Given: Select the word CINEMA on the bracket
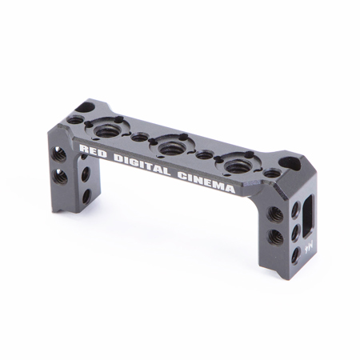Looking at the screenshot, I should pos(206,183).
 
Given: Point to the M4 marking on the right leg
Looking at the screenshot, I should pos(307,247).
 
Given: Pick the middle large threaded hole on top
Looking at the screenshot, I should pos(169,146).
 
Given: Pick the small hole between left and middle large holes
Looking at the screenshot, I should pos(138,138).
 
